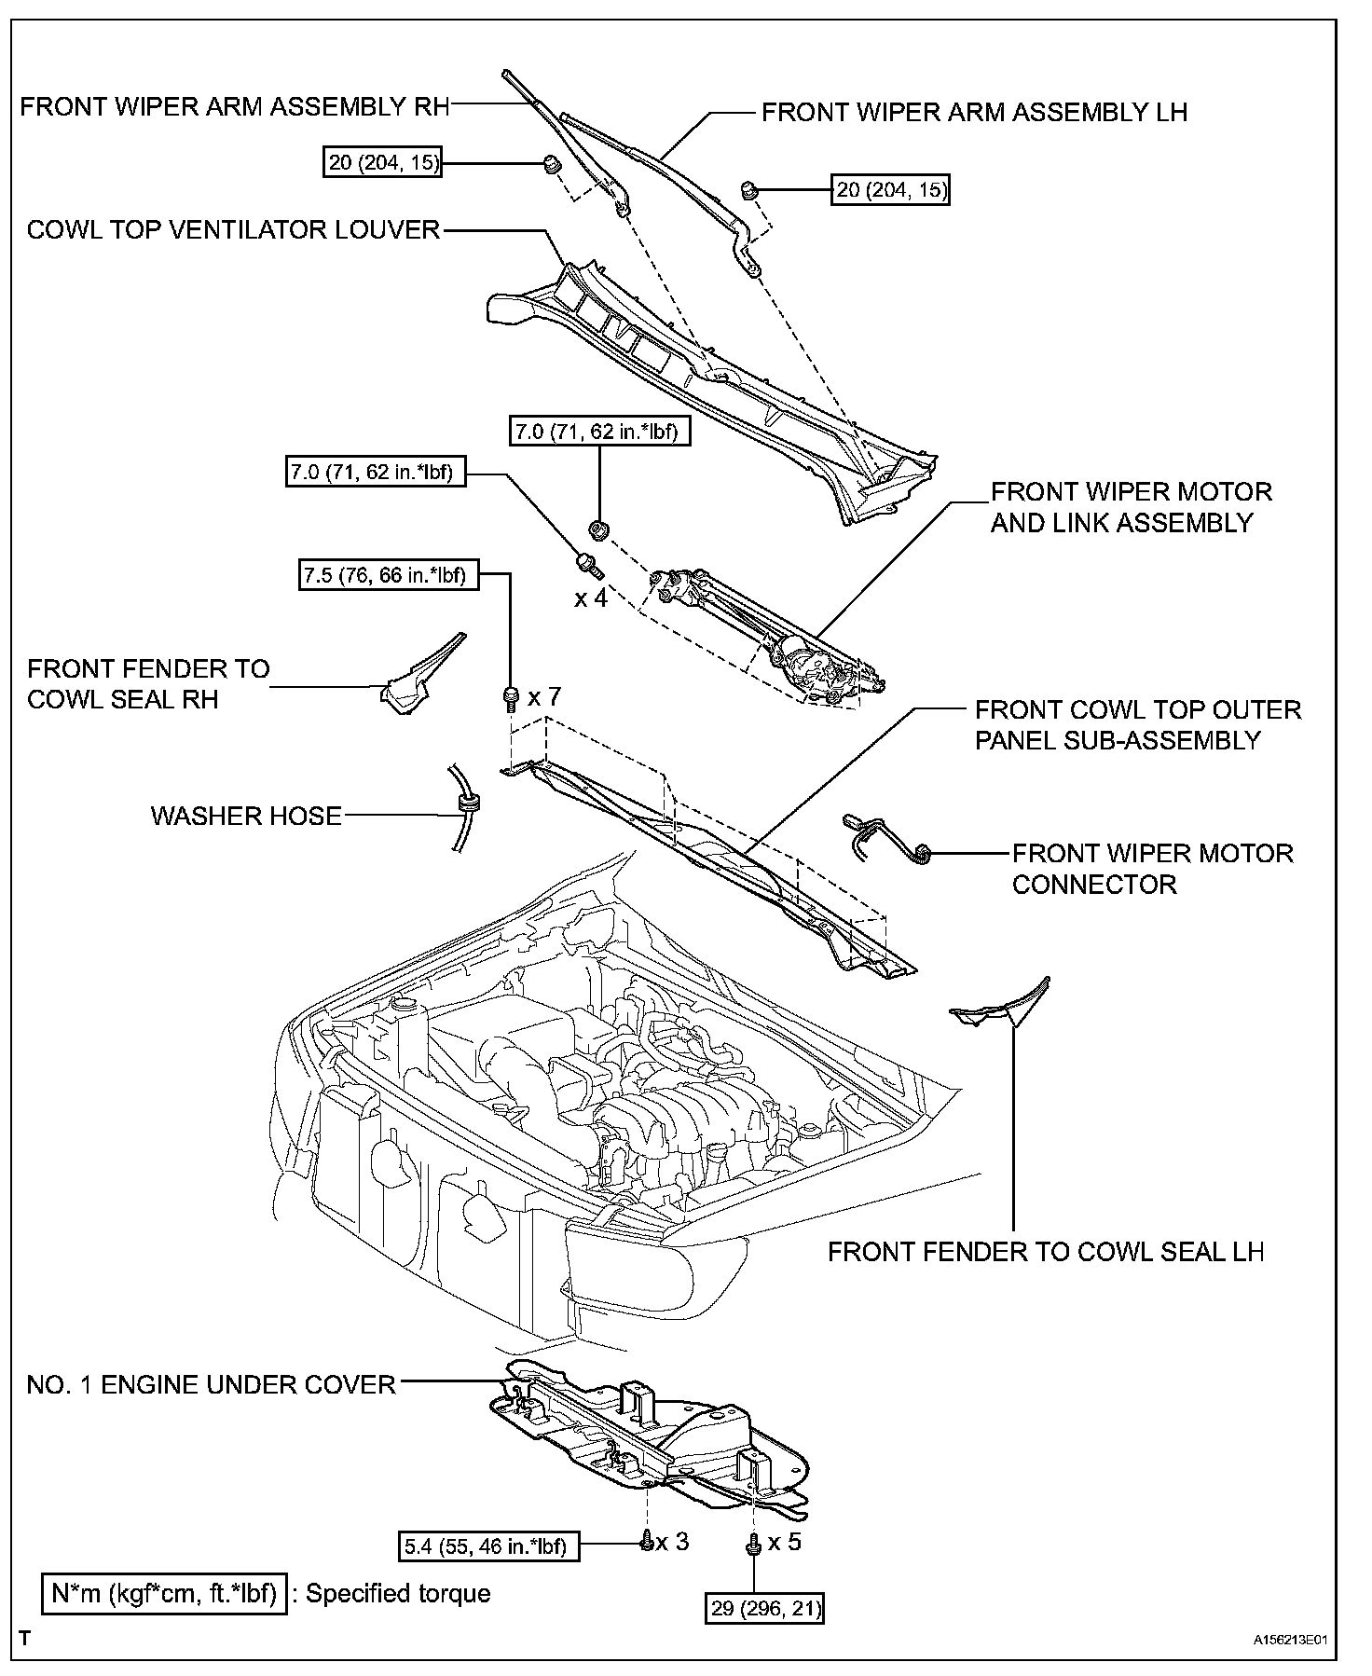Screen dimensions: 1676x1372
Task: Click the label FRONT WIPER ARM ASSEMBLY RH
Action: [234, 106]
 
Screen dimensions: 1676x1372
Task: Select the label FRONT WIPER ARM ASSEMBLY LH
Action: [974, 113]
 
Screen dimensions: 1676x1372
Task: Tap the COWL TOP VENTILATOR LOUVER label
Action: [233, 230]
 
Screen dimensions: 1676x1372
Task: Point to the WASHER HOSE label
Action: [246, 817]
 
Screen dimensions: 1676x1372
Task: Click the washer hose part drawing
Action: [463, 807]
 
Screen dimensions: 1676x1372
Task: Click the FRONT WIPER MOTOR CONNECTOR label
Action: [1152, 869]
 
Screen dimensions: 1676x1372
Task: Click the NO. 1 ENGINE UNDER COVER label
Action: [212, 1385]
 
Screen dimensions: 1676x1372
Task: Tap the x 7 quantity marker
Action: [544, 696]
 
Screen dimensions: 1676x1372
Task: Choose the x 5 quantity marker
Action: [784, 1542]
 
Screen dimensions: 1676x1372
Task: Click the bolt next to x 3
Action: [645, 1545]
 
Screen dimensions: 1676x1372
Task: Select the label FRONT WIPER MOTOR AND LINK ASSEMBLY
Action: [1131, 507]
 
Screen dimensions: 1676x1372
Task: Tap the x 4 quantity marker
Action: [591, 598]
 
